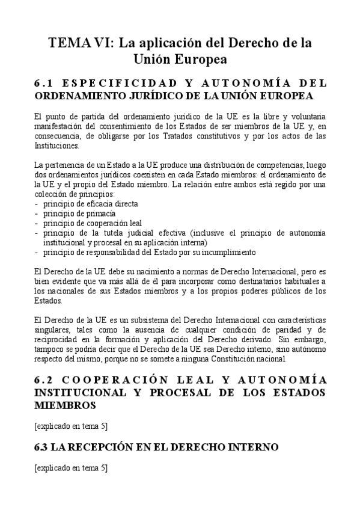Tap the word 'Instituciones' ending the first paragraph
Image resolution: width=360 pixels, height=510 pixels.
click(57, 146)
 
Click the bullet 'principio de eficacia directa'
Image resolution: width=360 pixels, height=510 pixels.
click(86, 203)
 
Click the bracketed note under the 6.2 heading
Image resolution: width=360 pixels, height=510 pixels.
click(71, 426)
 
